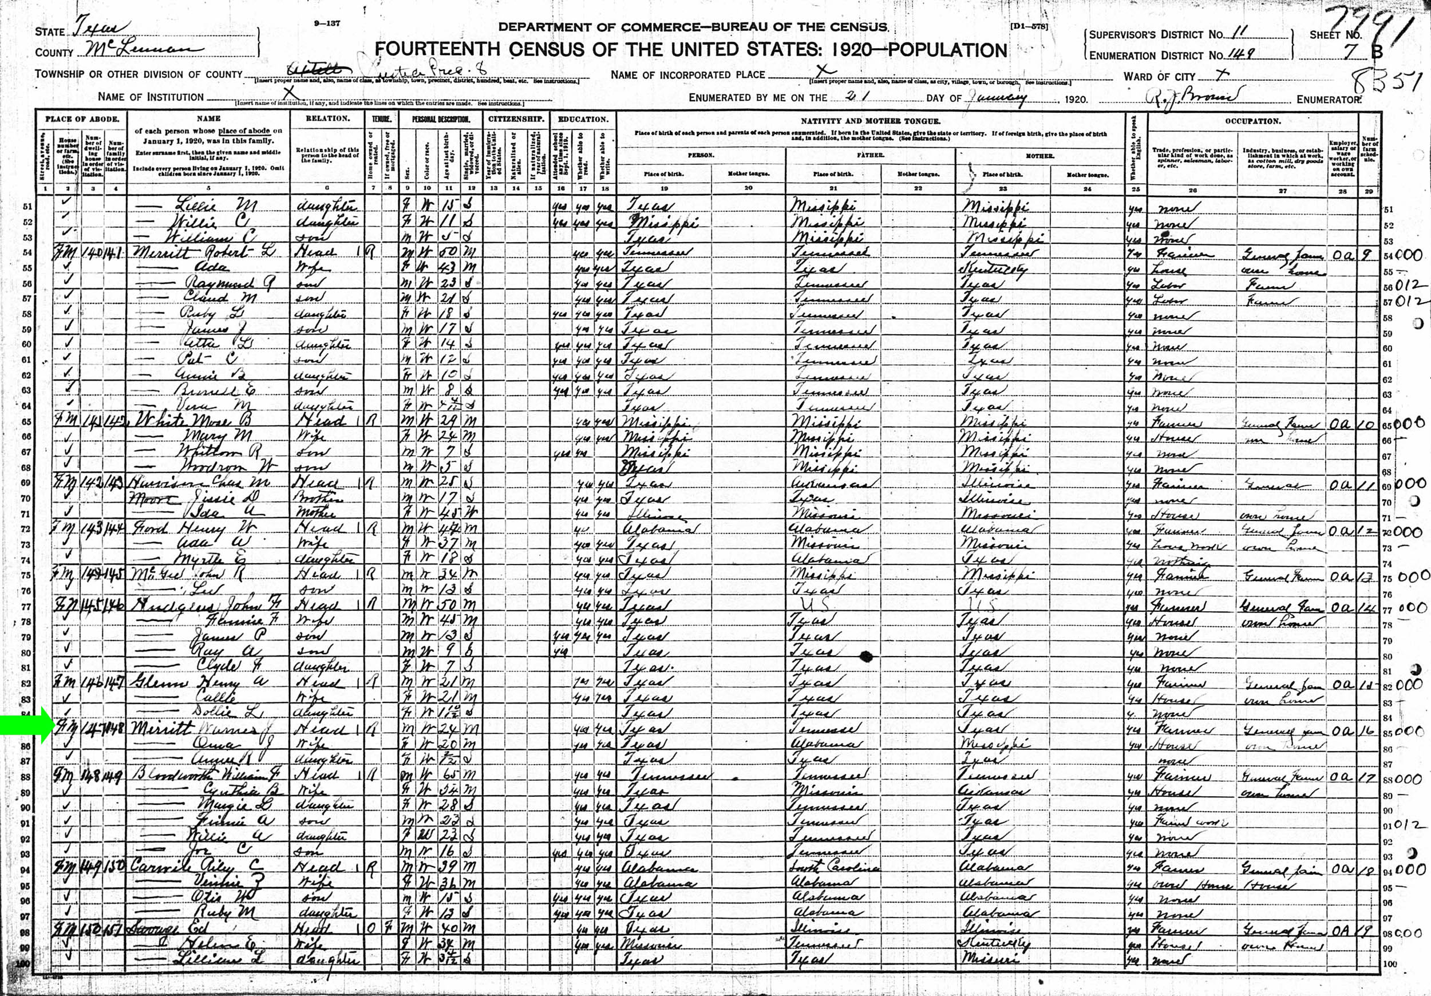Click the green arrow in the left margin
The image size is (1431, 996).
[x=23, y=727]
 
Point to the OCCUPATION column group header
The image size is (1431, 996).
[x=1252, y=121]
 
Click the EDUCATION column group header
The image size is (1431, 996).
[x=582, y=118]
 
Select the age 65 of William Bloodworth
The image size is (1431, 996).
[x=450, y=777]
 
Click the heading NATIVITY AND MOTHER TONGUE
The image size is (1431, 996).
[x=870, y=121]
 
